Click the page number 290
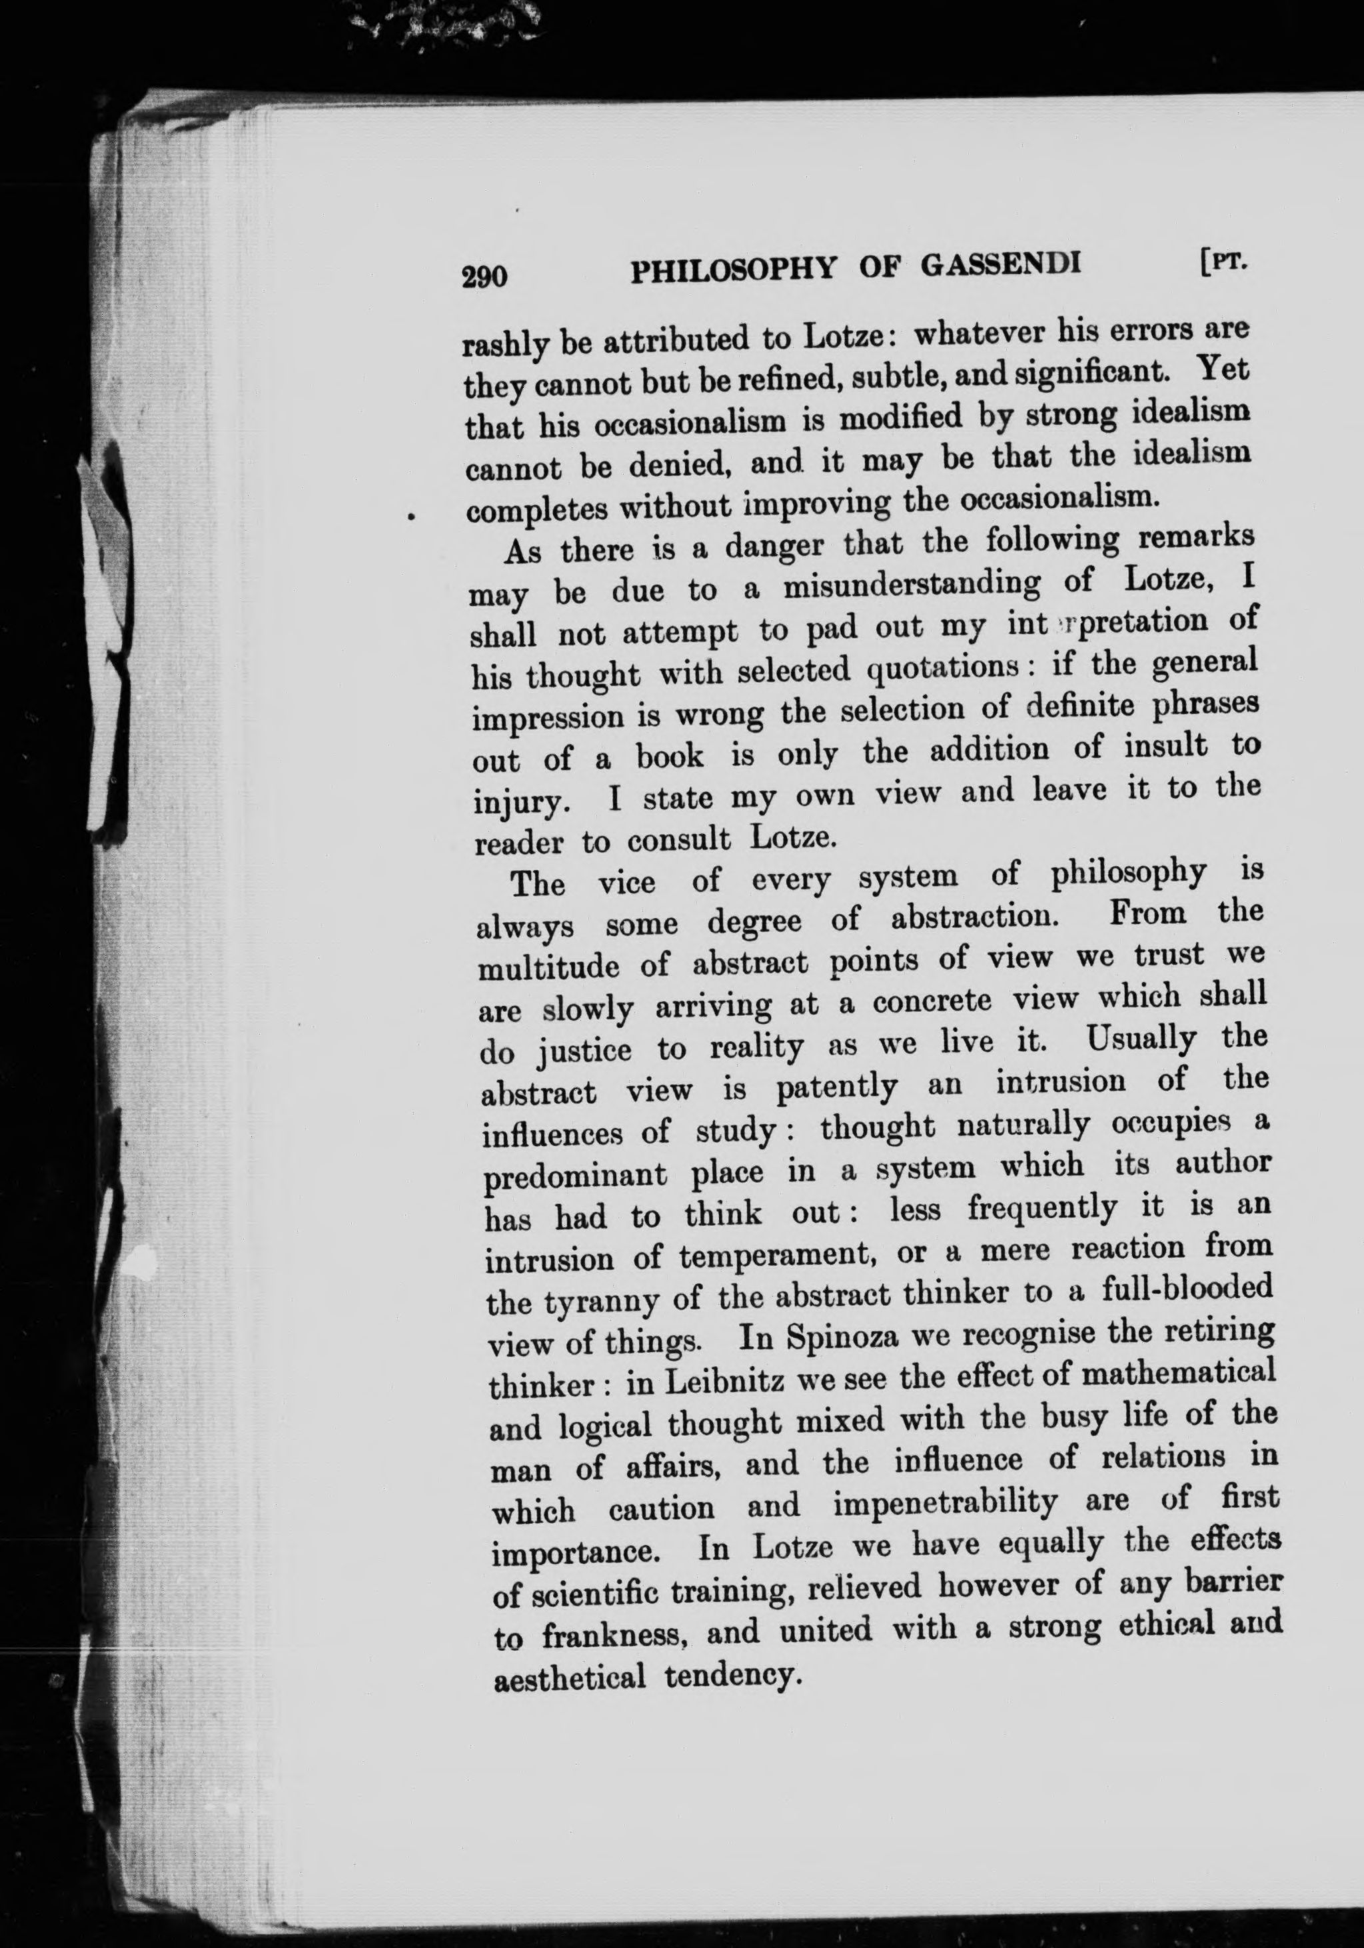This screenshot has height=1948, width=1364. point(484,276)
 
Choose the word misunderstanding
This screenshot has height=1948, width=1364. point(912,585)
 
